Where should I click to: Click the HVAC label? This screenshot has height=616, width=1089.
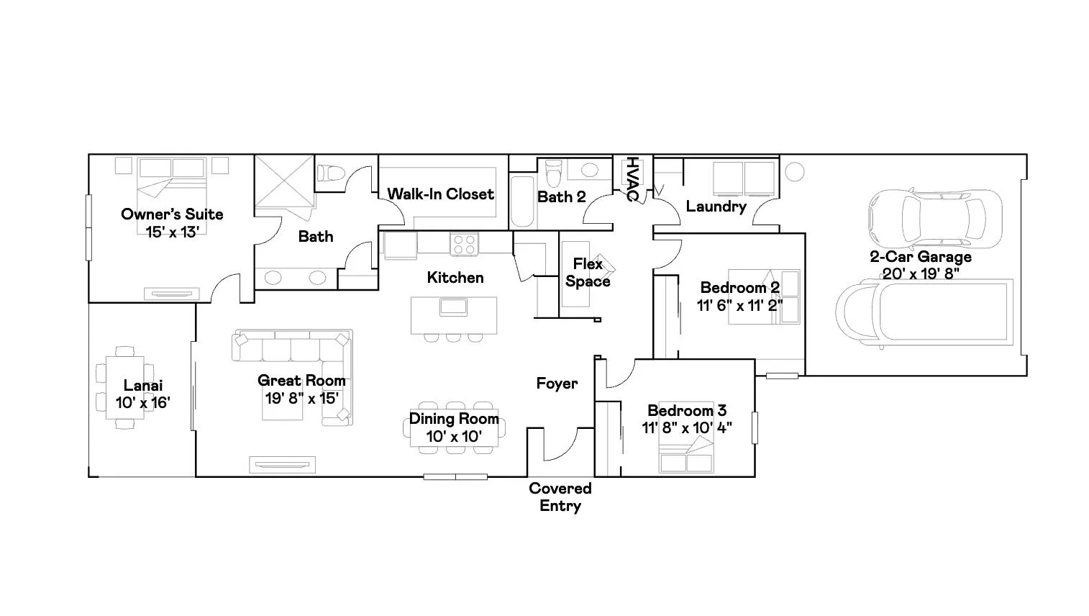click(x=632, y=178)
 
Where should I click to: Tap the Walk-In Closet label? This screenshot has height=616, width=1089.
click(x=440, y=194)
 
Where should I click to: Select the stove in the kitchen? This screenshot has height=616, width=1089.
click(x=464, y=244)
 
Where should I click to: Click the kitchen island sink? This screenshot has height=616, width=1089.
click(x=453, y=307)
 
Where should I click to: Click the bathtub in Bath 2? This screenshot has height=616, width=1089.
click(x=522, y=201)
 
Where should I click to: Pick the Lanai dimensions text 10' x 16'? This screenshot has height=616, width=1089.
click(x=142, y=403)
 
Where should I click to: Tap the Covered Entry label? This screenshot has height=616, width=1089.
click(x=560, y=497)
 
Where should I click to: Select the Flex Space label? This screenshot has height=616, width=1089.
click(x=588, y=273)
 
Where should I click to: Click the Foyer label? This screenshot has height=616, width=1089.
click(x=557, y=384)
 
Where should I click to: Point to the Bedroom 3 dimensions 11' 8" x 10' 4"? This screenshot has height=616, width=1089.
click(x=687, y=427)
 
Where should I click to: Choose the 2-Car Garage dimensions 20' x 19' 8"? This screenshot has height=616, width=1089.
click(x=921, y=273)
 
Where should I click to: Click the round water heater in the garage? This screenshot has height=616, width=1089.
click(x=794, y=172)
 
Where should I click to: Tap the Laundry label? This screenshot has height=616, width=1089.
click(x=716, y=207)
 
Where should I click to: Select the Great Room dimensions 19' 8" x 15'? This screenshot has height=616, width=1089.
click(x=302, y=399)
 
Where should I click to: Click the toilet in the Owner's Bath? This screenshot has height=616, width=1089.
click(x=331, y=173)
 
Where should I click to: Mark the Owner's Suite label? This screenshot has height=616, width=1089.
click(x=172, y=214)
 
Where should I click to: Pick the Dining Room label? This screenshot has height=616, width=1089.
click(x=454, y=418)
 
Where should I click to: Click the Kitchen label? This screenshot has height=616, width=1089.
click(x=455, y=277)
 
